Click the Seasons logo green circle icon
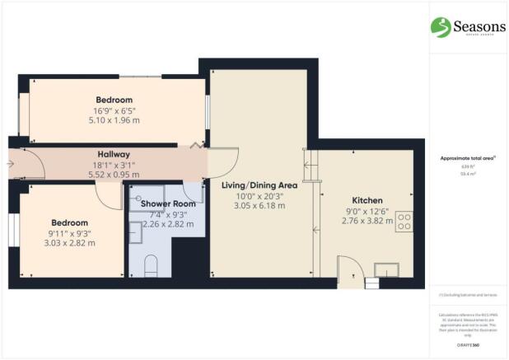[441, 26]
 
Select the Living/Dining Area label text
[259, 185]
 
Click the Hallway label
[113, 154]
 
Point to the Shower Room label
[167, 203]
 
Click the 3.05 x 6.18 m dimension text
[259, 206]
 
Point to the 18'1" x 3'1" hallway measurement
[113, 165]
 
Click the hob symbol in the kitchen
[404, 221]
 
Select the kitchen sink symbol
[385, 270]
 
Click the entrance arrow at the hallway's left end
[10, 164]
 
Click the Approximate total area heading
[468, 157]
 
